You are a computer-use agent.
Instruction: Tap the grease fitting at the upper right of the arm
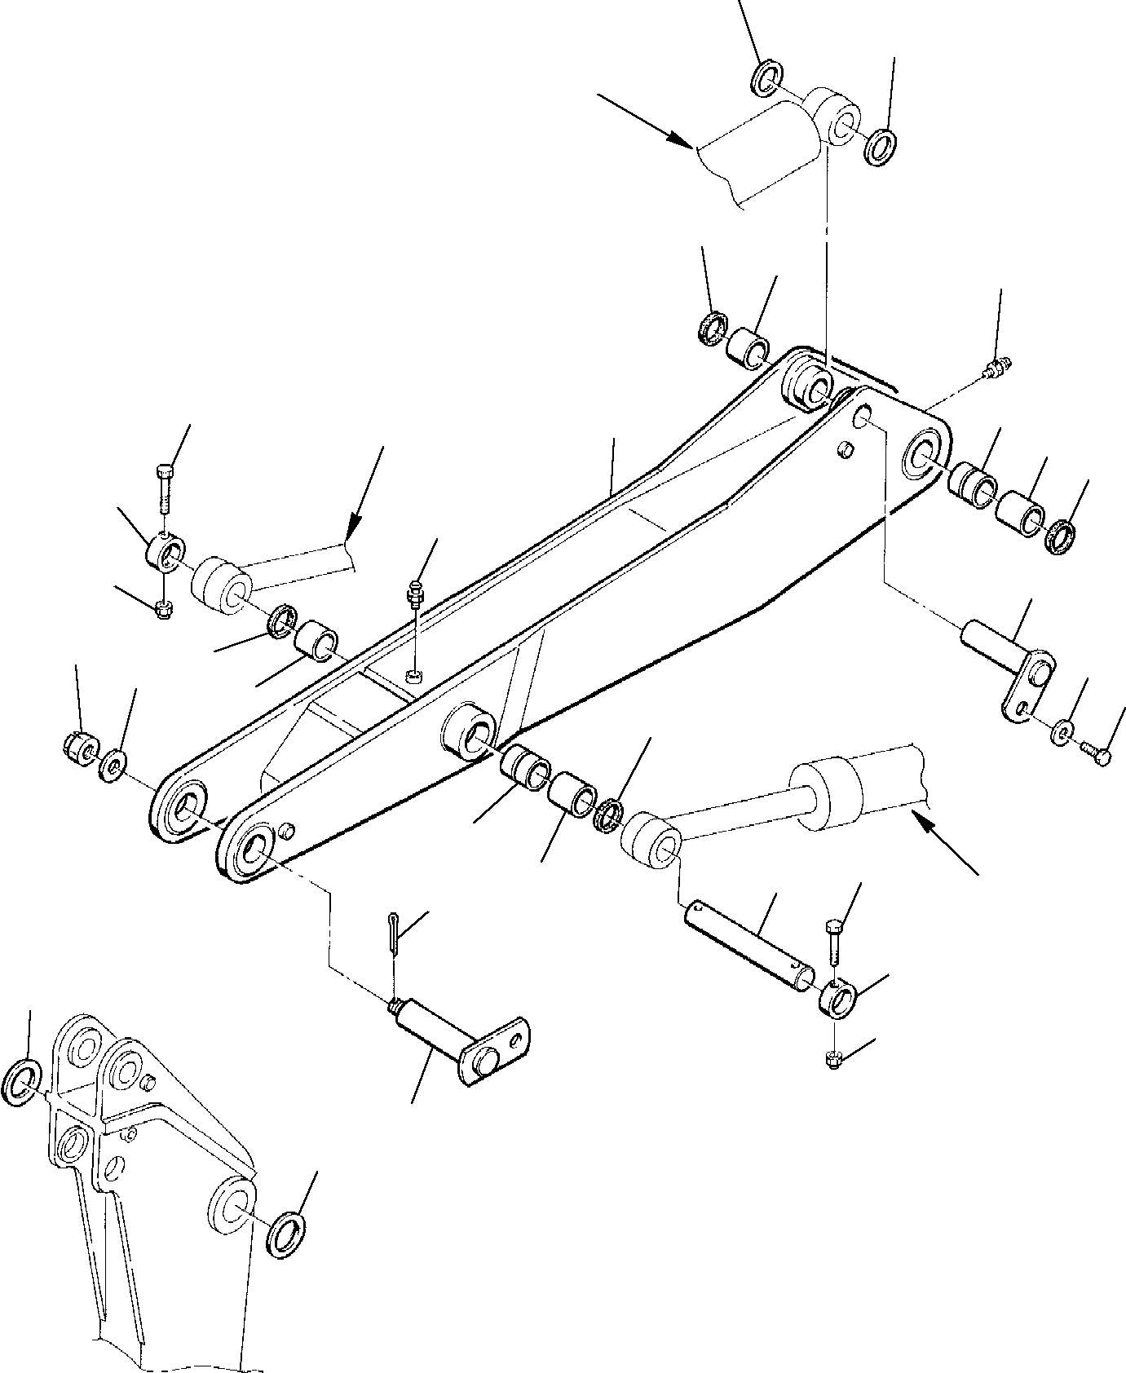[997, 369]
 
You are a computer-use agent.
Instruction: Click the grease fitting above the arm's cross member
[416, 595]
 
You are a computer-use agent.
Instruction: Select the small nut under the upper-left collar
[162, 609]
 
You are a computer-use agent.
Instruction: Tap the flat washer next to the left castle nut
[112, 765]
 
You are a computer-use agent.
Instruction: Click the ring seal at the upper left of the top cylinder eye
[764, 77]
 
